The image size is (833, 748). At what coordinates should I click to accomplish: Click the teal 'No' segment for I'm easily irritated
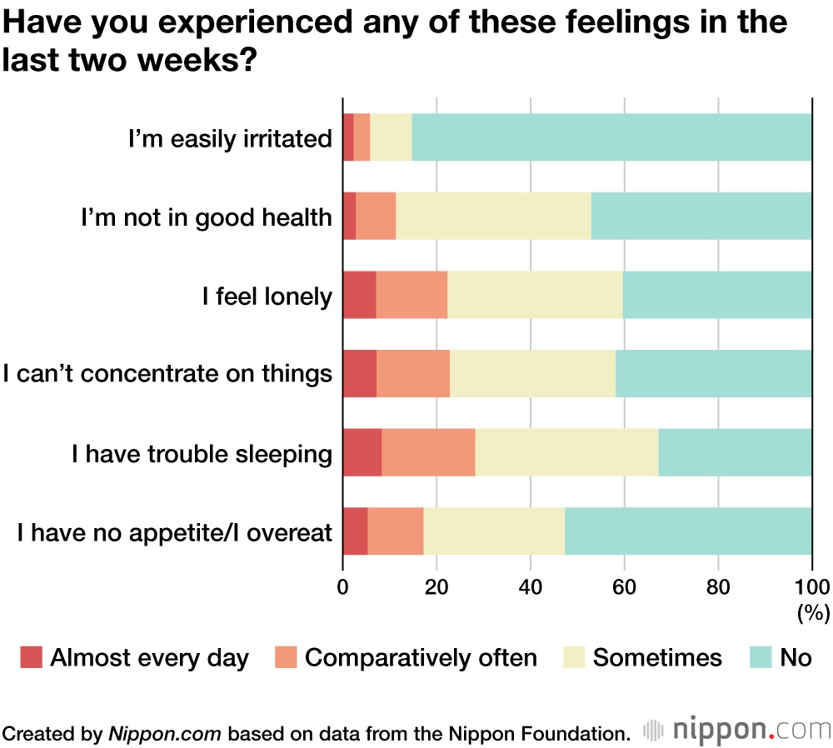[x=611, y=137]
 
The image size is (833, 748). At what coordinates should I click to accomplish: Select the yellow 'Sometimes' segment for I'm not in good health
[x=493, y=216]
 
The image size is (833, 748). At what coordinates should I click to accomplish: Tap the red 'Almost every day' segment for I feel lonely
[x=359, y=295]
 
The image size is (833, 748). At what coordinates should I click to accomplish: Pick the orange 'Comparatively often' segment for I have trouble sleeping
[x=428, y=452]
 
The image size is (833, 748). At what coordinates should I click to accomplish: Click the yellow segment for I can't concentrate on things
[x=532, y=373]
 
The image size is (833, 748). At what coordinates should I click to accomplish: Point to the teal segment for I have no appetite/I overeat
[x=688, y=531]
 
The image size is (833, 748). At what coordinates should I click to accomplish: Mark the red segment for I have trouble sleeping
[x=362, y=452]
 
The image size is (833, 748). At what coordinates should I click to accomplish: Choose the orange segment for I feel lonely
[x=412, y=295]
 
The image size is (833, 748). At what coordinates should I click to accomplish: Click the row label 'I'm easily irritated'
[x=230, y=138]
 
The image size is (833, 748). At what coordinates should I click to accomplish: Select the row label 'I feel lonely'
[x=267, y=296]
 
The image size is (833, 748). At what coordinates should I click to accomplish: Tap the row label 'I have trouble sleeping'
[x=202, y=453]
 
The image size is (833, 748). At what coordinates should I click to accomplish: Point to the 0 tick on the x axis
[x=343, y=585]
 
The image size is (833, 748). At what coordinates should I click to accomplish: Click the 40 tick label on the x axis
[x=531, y=585]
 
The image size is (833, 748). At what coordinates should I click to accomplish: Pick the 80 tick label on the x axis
[x=718, y=585]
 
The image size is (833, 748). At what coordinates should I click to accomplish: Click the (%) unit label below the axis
[x=813, y=614]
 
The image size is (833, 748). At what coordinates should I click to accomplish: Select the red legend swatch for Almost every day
[x=31, y=657]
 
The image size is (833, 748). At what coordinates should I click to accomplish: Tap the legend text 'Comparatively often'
[x=421, y=657]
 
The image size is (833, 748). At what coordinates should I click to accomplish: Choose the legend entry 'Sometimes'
[x=657, y=657]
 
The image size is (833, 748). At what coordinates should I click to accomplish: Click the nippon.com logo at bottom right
[x=736, y=731]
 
